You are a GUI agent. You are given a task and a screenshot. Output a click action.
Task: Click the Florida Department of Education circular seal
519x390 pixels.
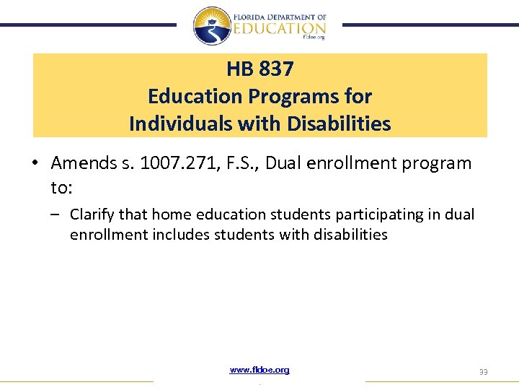point(212,25)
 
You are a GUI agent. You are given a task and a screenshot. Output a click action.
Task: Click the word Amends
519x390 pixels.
point(80,163)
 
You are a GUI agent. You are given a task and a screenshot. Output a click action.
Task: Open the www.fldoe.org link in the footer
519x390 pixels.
point(259,370)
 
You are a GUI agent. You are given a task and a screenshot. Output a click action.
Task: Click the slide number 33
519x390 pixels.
point(483,371)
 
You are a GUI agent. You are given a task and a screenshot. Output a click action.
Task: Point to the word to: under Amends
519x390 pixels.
point(61,188)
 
